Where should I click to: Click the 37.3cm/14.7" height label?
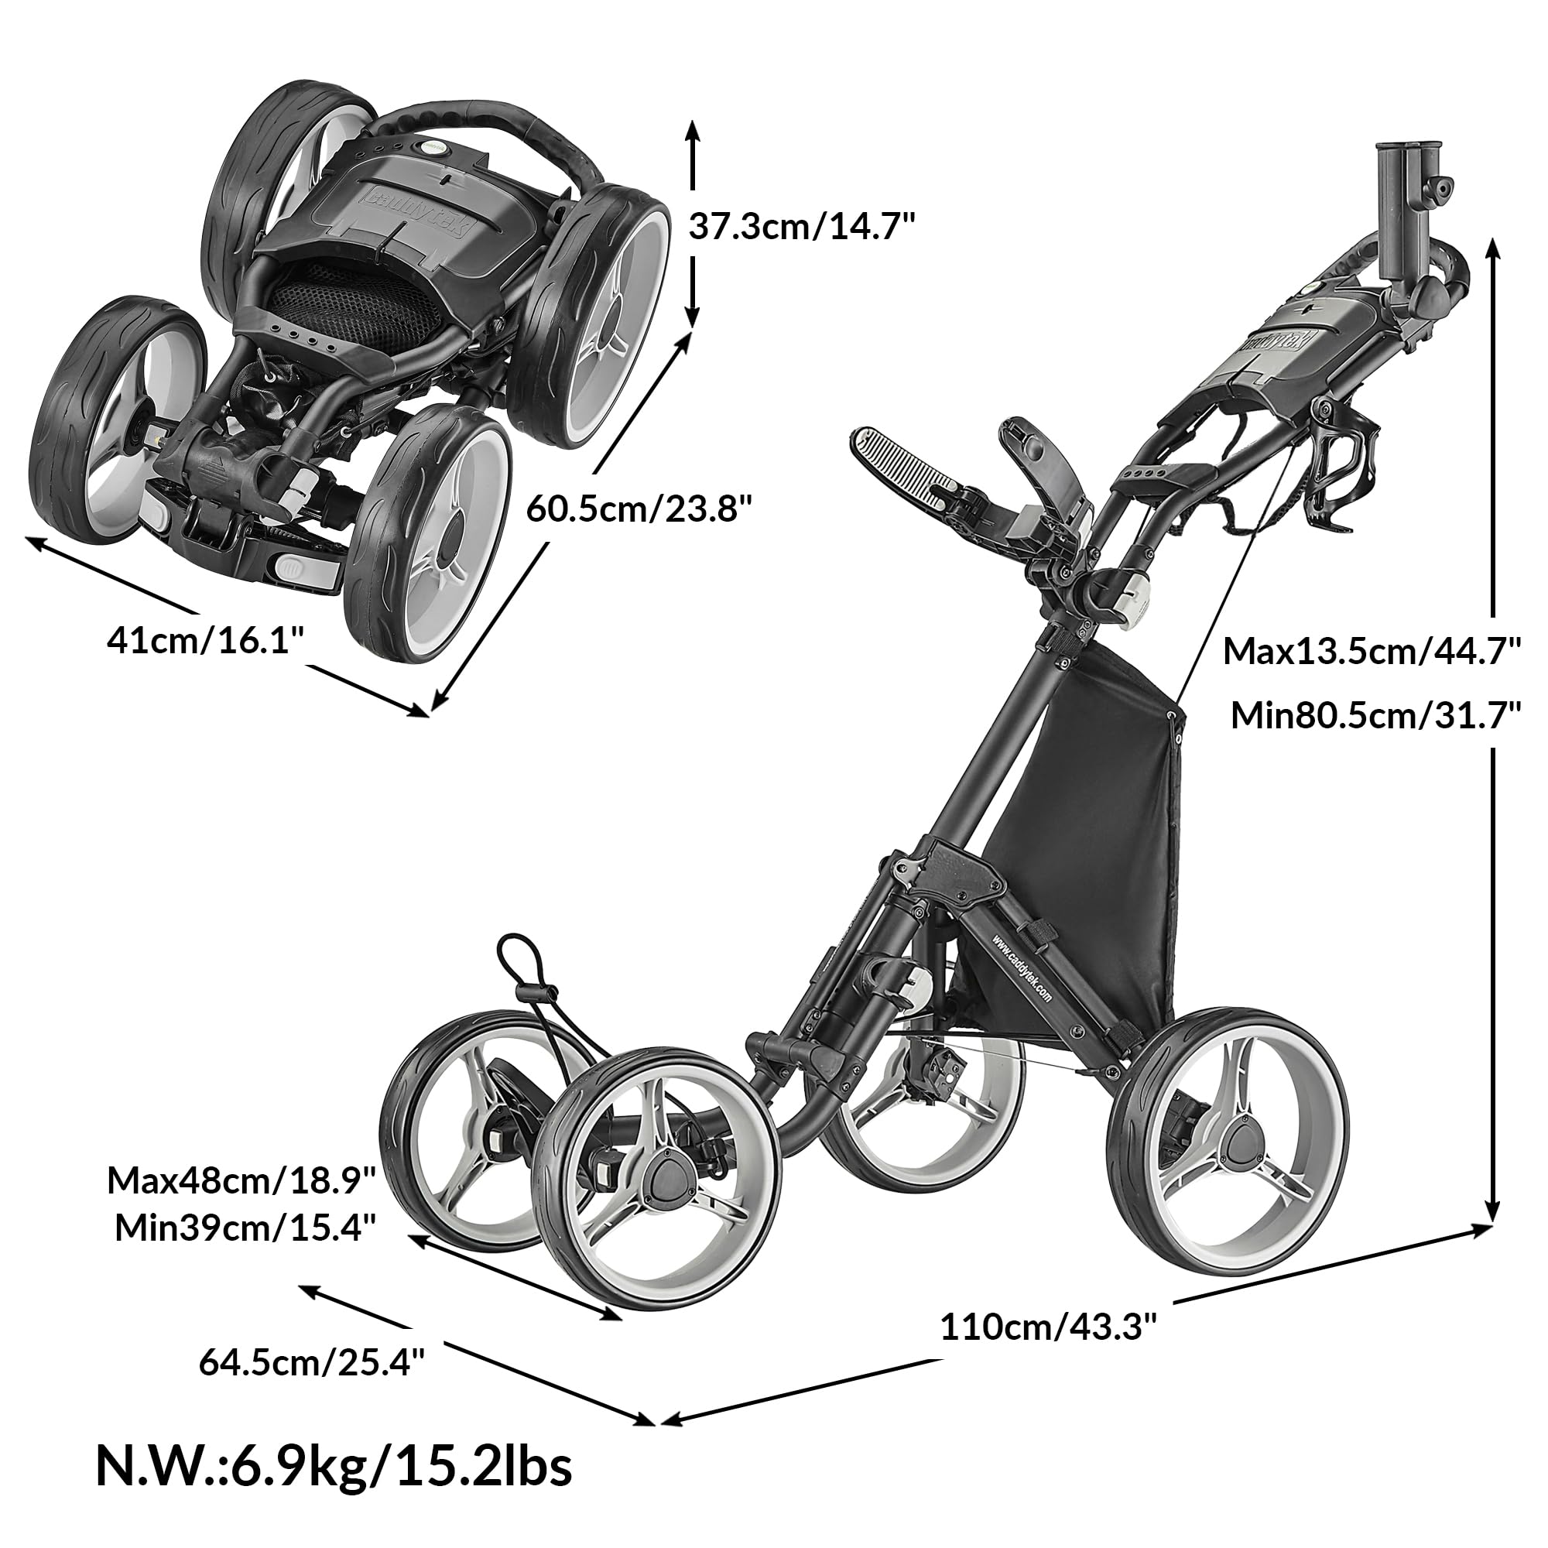point(801,227)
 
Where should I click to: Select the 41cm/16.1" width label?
point(206,641)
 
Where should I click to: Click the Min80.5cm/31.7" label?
point(1375,714)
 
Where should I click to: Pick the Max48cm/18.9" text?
point(241,1180)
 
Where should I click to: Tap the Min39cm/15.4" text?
point(245,1227)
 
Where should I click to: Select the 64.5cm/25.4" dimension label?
point(312,1361)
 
